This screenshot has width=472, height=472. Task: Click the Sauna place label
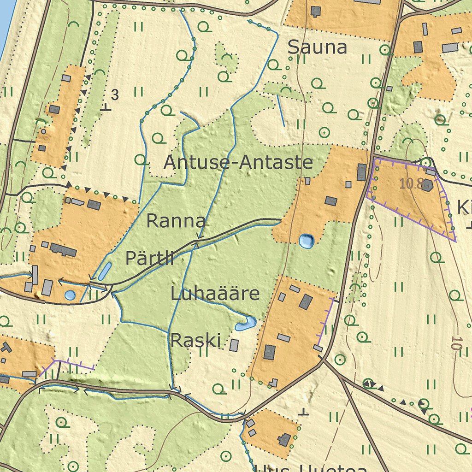(x=317, y=47)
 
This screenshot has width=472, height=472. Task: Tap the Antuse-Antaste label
(x=238, y=162)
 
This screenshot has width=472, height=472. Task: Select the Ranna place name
(x=176, y=221)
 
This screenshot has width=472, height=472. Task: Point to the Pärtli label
(x=149, y=258)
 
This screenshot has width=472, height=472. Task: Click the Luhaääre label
(x=215, y=294)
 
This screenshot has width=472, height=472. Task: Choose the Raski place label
(x=195, y=341)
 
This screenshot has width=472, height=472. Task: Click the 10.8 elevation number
(x=411, y=183)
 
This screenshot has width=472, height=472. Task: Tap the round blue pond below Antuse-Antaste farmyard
(x=306, y=240)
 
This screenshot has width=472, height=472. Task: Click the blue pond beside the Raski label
(x=245, y=324)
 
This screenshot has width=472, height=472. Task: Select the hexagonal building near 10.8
(x=427, y=185)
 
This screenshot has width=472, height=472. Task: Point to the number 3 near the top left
(x=115, y=95)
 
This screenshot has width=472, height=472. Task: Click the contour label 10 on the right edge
(x=456, y=344)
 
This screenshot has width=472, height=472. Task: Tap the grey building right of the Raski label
(x=234, y=345)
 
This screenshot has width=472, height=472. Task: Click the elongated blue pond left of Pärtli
(x=105, y=271)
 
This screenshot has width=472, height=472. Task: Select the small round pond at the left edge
(x=70, y=295)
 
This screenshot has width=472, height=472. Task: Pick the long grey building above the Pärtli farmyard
(x=63, y=250)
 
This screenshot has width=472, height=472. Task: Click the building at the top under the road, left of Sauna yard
(x=316, y=11)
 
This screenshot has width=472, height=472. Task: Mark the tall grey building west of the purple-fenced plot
(x=362, y=172)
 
